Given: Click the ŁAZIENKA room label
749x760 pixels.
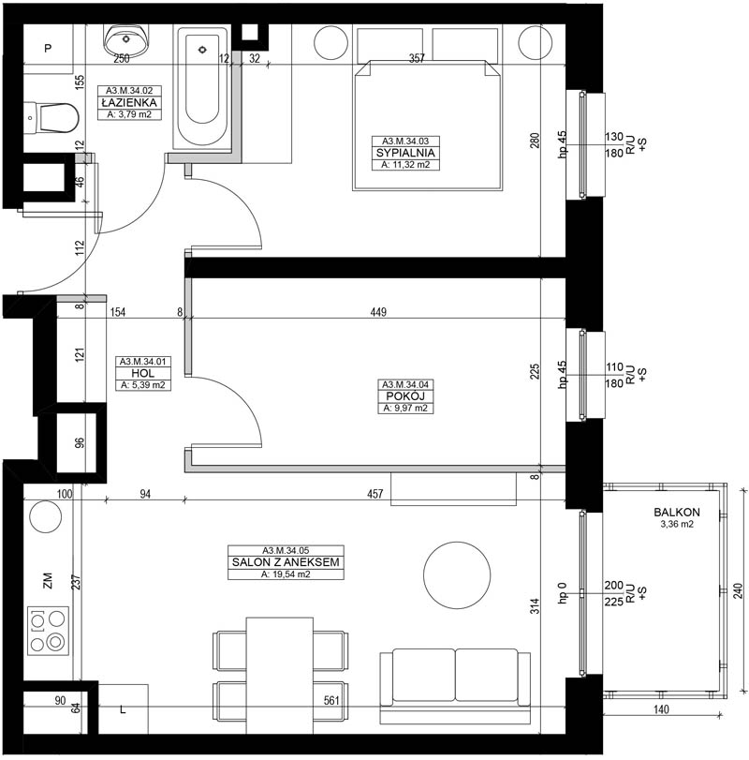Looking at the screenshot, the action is tap(129, 103).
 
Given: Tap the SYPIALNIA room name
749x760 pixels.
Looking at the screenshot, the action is tap(405, 153).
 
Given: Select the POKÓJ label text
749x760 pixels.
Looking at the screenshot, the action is tap(405, 396).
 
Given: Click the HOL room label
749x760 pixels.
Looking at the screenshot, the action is tap(143, 373).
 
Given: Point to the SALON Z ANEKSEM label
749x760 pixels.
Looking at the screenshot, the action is tap(286, 562).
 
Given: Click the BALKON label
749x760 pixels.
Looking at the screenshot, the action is tap(676, 512).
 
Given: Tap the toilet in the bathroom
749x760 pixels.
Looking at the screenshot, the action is tap(51, 117).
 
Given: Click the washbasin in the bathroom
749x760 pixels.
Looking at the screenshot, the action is tap(125, 39).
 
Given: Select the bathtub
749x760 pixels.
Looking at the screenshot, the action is tap(202, 88).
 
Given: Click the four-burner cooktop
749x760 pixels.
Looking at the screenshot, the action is tap(48, 631).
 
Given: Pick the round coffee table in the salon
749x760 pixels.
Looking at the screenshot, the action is tap(457, 574).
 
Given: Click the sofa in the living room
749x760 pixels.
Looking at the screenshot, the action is tap(455, 687).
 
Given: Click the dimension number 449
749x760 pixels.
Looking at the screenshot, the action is tap(378, 312).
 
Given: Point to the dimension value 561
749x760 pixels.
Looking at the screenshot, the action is tap(331, 700).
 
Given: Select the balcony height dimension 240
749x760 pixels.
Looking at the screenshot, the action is tap(738, 590).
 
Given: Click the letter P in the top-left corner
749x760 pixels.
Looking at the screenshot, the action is tap(48, 49).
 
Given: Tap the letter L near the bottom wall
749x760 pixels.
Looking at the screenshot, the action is tap(123, 710).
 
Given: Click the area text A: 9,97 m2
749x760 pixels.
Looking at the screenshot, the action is tap(405, 408).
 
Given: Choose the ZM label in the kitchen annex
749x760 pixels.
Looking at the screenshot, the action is tap(48, 581).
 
